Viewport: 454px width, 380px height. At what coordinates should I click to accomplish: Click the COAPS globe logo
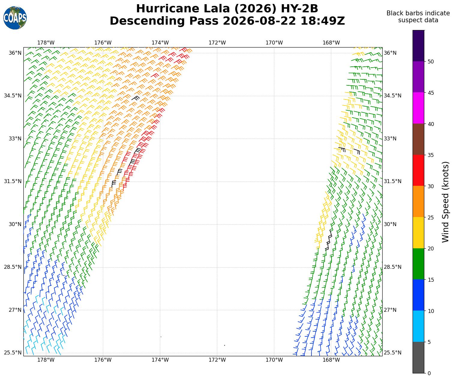point(15,18)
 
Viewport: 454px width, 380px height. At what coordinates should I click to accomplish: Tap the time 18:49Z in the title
point(323,21)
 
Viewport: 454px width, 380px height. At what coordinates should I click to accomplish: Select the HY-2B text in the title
point(299,9)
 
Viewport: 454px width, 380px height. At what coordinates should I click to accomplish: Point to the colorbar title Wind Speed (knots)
point(445,202)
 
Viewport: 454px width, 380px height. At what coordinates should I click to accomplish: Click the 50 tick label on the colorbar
point(431,62)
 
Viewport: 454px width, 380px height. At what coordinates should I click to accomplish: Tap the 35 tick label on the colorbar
point(431,155)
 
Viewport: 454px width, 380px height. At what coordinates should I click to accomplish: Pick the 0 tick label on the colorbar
point(429,373)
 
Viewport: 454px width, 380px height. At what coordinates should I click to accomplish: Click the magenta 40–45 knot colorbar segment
point(418,108)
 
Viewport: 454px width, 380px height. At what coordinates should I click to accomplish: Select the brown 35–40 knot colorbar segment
point(418,139)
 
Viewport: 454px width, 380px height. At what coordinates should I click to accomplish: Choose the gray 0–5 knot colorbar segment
point(418,357)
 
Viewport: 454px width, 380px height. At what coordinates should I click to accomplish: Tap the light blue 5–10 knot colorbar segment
point(418,326)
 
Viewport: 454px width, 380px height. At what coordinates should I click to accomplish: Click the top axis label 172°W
point(217,43)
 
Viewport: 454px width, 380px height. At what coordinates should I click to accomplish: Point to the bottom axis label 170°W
point(274,360)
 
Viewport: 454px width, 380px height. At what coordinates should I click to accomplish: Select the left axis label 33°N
point(15,139)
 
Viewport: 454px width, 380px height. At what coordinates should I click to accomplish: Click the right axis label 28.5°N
point(392,267)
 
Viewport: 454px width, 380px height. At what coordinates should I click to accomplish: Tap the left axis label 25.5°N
point(13,352)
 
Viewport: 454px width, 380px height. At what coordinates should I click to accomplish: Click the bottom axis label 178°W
point(46,360)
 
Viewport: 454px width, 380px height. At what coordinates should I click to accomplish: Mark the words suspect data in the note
point(418,20)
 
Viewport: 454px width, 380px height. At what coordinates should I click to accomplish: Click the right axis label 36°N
point(390,53)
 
